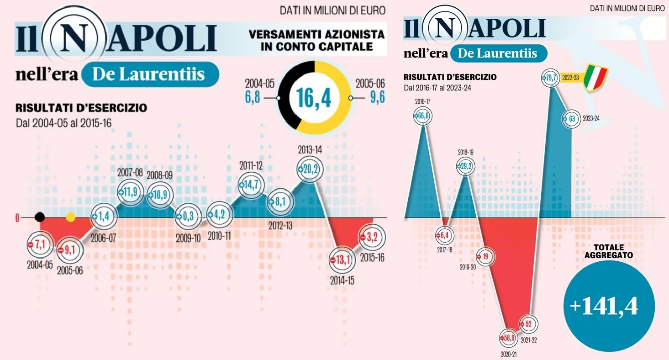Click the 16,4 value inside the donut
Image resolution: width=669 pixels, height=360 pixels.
(x=315, y=97)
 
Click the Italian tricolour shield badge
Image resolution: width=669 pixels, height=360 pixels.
(x=596, y=78)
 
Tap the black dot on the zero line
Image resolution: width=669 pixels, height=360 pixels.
(x=40, y=217)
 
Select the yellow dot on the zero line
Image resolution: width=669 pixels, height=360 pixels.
(x=70, y=217)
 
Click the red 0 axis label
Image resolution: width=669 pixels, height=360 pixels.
(x=17, y=218)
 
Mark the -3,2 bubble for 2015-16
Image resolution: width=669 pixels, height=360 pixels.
(x=372, y=237)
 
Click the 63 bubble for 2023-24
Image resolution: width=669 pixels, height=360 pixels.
(x=571, y=118)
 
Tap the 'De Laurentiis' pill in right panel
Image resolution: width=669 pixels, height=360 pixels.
(x=498, y=53)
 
